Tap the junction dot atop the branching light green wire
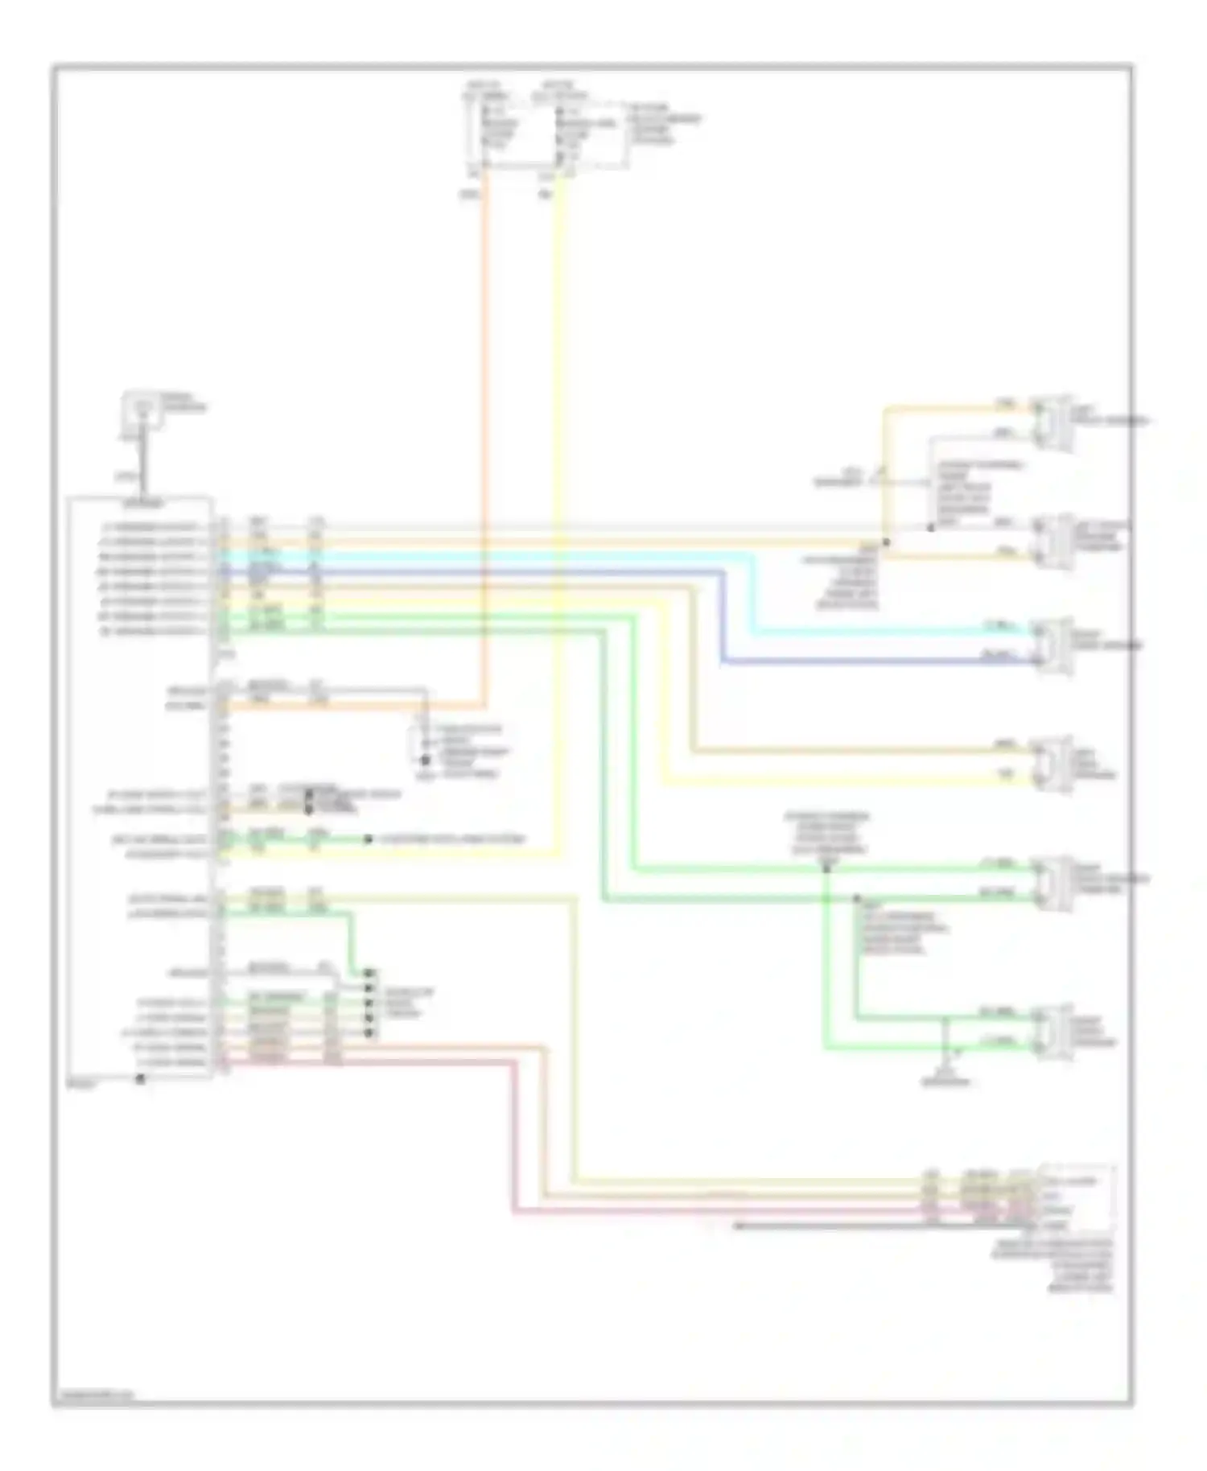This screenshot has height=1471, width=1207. tap(826, 870)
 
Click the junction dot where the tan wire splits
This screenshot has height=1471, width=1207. tap(885, 542)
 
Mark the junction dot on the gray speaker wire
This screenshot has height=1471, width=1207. tap(930, 528)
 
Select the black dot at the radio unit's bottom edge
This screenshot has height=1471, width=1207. tap(140, 1079)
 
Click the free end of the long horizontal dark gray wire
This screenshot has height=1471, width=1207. tap(735, 1226)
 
